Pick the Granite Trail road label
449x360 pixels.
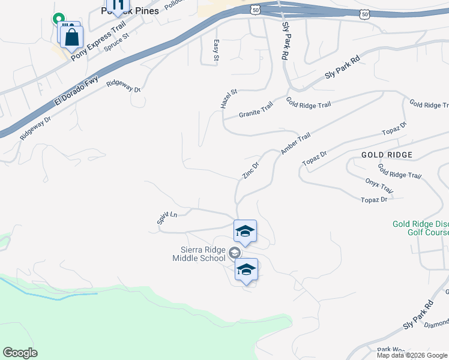tap(256, 110)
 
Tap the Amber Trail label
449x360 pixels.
tap(295, 145)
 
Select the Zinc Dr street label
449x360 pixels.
tap(251, 170)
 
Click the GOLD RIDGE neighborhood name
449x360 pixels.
tap(387, 155)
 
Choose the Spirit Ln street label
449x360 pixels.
tap(167, 218)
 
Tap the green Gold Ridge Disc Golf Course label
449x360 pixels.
tap(421, 228)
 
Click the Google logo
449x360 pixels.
tap(20, 353)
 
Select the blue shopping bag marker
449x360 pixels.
tap(71, 37)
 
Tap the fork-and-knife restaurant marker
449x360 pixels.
tap(118, 5)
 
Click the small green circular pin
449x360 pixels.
tap(59, 19)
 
